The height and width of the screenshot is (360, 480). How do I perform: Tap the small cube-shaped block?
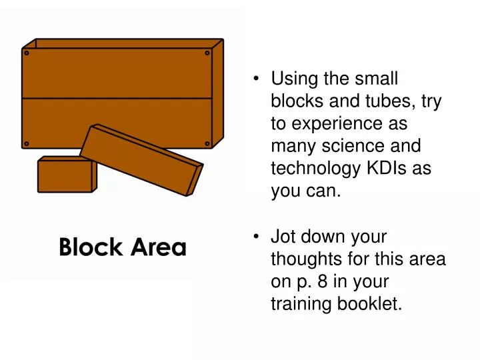65,175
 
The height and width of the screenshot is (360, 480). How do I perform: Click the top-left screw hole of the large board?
26,52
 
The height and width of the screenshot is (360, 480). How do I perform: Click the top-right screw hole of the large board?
207,52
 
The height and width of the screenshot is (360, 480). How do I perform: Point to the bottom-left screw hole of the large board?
26,143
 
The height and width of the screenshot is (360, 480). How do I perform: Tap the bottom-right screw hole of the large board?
207,143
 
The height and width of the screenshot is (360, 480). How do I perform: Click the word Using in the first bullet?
294,79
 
